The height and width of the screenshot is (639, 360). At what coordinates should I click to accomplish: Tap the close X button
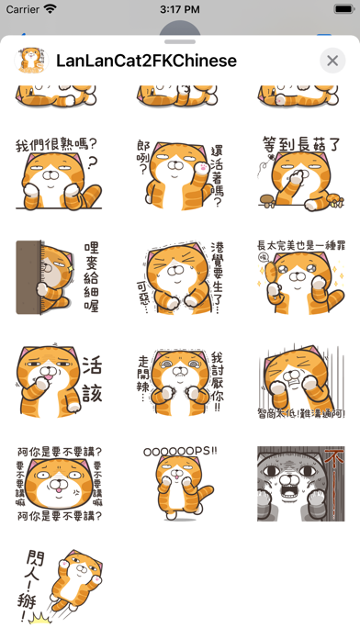pos(332,61)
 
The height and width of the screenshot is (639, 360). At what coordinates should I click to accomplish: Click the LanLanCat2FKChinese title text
pos(146,61)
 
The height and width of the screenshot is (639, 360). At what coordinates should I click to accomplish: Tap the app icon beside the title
pos(28,61)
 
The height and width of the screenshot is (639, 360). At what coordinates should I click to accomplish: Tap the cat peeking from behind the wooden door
pos(59,278)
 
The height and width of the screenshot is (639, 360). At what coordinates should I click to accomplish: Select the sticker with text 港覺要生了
pos(180,278)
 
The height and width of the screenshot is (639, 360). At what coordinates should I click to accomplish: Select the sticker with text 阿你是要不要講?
pos(59,484)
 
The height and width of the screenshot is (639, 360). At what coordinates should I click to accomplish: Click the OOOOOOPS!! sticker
pos(180,484)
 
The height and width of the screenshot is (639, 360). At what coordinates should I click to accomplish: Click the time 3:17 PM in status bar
pos(180,9)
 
